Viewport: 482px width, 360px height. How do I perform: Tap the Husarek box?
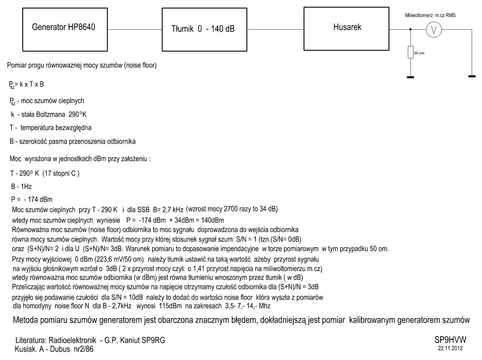pos(347,28)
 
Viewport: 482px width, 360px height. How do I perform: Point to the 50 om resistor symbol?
pos(410,52)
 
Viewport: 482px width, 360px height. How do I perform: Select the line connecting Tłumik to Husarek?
pos(275,29)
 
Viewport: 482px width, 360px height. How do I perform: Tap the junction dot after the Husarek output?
pos(410,29)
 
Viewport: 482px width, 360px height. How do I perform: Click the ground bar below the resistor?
pos(410,77)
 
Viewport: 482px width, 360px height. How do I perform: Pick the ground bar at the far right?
pos(472,77)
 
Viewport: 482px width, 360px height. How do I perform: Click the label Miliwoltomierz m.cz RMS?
pos(430,16)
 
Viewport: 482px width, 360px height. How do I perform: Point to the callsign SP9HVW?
pos(450,340)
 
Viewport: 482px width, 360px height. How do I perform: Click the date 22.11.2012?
pos(450,349)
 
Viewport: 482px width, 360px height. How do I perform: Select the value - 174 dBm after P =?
pos(38,200)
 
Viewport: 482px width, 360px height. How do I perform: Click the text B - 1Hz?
pos(21,186)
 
